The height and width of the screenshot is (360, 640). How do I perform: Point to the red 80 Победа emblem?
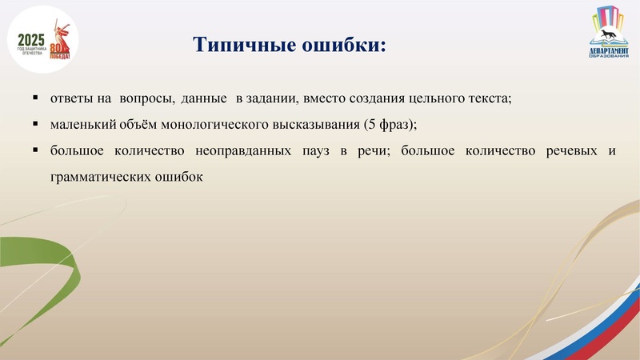click(60, 50)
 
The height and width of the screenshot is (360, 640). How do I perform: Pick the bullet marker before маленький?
click(36, 125)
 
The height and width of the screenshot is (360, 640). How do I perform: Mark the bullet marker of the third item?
click(36, 150)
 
